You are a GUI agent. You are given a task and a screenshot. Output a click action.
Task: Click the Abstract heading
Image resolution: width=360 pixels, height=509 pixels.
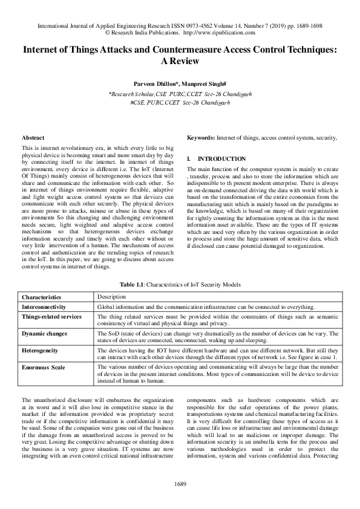(33, 138)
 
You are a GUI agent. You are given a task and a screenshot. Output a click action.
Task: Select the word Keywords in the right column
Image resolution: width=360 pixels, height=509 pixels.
(200, 138)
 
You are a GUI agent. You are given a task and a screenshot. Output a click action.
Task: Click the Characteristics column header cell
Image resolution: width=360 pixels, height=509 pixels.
(42, 297)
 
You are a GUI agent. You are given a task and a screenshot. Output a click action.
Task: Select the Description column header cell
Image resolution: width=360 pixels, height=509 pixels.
(111, 297)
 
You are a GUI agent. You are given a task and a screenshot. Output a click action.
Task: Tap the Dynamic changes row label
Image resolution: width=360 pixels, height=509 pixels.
(44, 333)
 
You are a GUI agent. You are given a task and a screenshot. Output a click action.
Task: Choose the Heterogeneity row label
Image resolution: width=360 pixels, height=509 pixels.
(42, 350)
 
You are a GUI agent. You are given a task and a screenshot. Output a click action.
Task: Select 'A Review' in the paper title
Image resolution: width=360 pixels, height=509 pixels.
(180, 65)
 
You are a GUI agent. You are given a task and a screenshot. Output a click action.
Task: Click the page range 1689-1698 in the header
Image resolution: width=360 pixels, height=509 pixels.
(305, 27)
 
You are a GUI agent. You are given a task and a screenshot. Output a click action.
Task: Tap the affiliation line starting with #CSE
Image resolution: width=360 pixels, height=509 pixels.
(180, 103)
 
